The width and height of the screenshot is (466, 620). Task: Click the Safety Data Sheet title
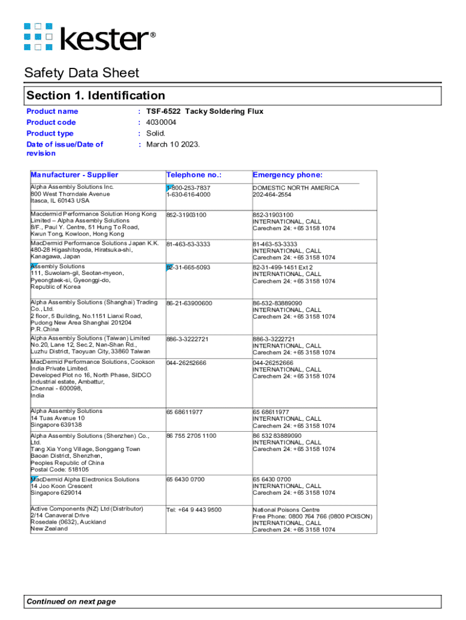tap(82, 73)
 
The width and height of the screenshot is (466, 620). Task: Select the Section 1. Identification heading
tap(96, 96)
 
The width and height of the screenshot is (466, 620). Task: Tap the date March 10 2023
tap(173, 144)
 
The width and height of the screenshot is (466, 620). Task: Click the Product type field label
tap(50, 133)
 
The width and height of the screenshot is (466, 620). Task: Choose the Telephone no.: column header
tap(194, 175)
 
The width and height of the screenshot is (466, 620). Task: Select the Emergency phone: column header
tap(287, 175)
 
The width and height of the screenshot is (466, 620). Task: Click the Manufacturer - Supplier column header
tap(74, 175)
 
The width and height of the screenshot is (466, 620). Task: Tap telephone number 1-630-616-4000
tap(189, 195)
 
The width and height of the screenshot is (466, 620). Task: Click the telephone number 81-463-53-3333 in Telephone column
tap(189, 244)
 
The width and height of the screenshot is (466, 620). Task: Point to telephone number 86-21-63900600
tap(189, 303)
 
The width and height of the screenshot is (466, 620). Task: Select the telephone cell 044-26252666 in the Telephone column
tap(186, 363)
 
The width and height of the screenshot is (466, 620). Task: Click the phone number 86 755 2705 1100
tap(191, 436)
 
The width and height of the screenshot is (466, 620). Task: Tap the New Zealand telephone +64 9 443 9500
tap(194, 510)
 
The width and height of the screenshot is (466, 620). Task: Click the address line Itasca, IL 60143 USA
tap(60, 200)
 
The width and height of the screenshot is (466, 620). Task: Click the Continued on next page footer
tap(71, 601)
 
